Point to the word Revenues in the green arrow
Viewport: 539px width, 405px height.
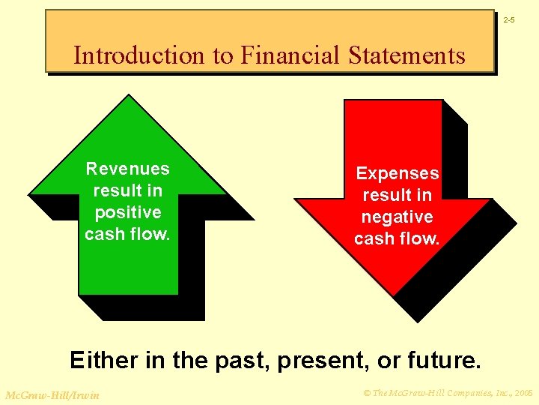click(x=128, y=169)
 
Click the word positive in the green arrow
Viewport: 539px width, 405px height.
click(x=128, y=212)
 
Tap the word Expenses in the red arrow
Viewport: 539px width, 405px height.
click(x=397, y=173)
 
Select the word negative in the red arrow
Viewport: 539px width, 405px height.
click(x=397, y=217)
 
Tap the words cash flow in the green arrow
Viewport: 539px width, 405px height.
click(x=128, y=234)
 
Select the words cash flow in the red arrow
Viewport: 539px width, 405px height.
click(x=397, y=238)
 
